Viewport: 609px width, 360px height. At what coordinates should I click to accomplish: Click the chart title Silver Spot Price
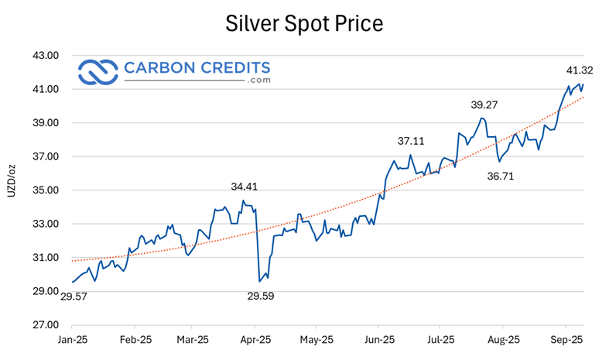tap(304, 23)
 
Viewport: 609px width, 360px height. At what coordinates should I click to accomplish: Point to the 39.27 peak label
tap(488, 105)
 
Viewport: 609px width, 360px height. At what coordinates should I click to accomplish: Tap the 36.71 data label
tap(501, 177)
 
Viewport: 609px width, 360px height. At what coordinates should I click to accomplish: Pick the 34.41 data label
tap(248, 187)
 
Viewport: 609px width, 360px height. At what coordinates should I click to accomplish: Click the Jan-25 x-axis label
tap(73, 340)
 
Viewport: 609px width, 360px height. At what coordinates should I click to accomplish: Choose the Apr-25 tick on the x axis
tap(255, 340)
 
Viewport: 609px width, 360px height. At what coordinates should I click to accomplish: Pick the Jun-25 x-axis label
tap(378, 340)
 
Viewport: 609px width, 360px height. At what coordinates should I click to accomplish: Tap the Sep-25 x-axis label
tap(566, 340)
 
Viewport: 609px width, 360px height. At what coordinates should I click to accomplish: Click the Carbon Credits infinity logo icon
tap(98, 71)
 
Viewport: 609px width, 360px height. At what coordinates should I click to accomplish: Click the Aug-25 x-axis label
tap(502, 340)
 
